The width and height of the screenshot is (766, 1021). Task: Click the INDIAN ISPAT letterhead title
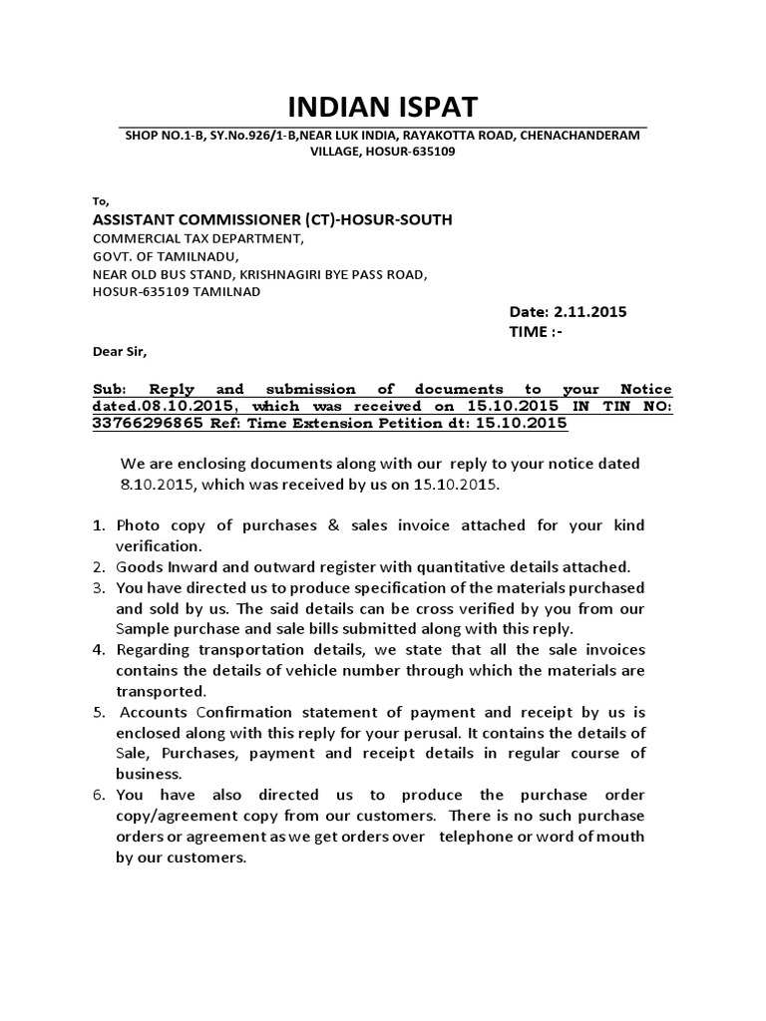pos(383,107)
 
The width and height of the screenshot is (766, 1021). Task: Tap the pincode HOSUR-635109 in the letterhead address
pos(410,152)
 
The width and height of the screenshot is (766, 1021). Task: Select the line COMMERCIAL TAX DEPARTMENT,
pos(196,238)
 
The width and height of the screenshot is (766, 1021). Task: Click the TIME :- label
pos(536,331)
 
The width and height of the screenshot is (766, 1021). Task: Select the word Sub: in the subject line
pos(111,389)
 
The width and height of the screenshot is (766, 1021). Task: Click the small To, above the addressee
pos(99,200)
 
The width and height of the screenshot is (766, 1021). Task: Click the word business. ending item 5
pos(149,774)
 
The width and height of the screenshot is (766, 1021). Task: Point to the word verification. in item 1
pos(160,545)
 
